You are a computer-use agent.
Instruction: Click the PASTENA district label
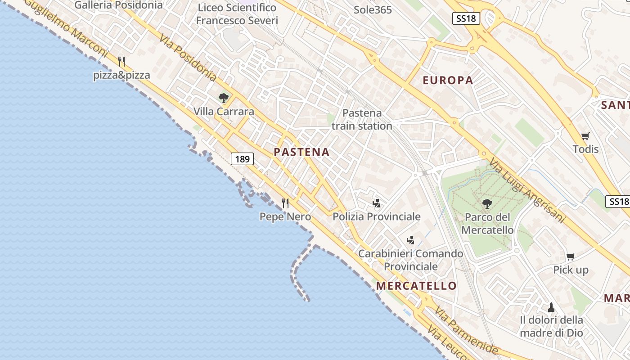(301, 152)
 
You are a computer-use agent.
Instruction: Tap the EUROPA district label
(448, 81)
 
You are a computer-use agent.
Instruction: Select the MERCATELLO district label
(416, 286)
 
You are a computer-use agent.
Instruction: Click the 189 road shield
(243, 159)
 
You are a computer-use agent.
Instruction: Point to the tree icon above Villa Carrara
(223, 98)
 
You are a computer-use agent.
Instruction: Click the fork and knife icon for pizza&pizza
(121, 61)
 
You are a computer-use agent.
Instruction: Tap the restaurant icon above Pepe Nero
(285, 203)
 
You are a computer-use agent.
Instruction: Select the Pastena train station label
(362, 119)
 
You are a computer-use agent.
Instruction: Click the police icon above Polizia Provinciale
(377, 203)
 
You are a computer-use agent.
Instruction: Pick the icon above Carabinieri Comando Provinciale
(410, 240)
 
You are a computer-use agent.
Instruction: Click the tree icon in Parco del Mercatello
(487, 204)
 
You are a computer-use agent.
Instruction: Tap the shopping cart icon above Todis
(585, 136)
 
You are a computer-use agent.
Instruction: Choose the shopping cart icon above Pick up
(571, 256)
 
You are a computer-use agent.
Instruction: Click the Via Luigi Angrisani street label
(526, 191)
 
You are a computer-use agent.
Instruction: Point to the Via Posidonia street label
(187, 57)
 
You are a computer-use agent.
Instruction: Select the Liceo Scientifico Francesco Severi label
(237, 14)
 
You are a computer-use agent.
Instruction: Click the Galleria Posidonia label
(118, 5)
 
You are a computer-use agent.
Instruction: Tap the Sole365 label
(373, 10)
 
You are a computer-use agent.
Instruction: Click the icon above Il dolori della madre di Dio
(551, 307)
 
